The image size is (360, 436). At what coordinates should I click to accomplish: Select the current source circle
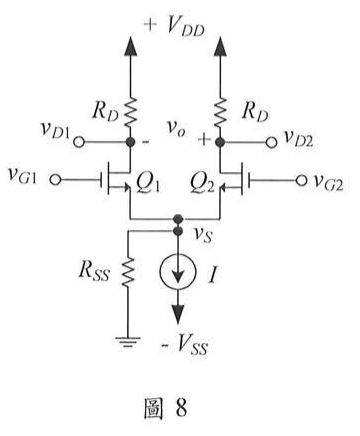click(x=176, y=268)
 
